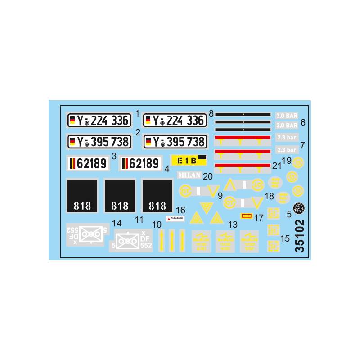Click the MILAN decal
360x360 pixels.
(x=189, y=175)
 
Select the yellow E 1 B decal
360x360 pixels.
(x=189, y=160)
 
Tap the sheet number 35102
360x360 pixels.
(x=299, y=238)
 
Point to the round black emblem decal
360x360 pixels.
(x=299, y=208)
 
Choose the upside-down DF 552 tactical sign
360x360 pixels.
(x=86, y=234)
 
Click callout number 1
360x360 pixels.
(x=137, y=114)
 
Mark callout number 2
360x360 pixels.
(x=138, y=132)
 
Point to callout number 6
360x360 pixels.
(x=303, y=122)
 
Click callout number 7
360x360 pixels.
(x=303, y=145)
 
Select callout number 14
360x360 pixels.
(x=117, y=223)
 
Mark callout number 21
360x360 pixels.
(x=277, y=166)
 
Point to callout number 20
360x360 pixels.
(x=208, y=176)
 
